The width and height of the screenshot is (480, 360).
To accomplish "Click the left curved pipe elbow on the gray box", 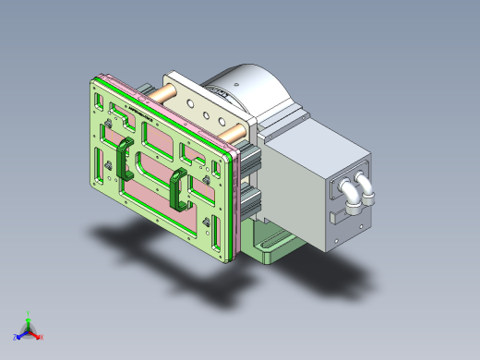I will (352, 191).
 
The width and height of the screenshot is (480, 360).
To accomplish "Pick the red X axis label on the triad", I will (42, 336).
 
